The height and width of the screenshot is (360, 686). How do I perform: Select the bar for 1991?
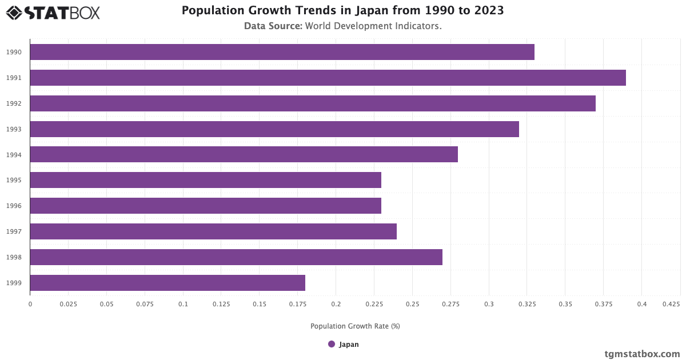pos(328,78)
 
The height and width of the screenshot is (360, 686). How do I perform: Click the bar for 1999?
pos(167,283)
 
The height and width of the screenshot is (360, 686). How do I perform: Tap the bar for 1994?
pos(244,154)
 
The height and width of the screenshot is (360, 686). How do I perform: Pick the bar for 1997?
pos(213,231)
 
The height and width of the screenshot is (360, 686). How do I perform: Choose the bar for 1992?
pos(313,103)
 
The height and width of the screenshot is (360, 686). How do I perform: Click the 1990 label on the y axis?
pos(14,52)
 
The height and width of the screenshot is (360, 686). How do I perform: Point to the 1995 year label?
pos(14,180)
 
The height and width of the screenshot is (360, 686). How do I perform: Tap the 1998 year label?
pos(14,257)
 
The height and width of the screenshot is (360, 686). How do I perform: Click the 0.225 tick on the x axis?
pos(374,305)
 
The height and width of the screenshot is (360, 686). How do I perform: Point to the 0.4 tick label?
pos(641,305)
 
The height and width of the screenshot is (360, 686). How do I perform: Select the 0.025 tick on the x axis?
pos(68,305)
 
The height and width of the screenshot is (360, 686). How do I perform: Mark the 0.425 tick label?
pos(672,305)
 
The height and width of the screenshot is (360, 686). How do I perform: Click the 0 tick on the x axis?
pos(30,305)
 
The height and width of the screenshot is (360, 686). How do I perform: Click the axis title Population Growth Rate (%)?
pos(355,326)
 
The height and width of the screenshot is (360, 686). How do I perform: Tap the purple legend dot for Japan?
pos(332,344)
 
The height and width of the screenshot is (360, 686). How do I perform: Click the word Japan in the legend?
pos(349,345)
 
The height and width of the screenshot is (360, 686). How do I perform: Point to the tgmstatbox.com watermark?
pos(642,354)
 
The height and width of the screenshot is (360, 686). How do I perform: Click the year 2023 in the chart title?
pos(488,11)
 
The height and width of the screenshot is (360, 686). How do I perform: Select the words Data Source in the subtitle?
pos(273,26)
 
